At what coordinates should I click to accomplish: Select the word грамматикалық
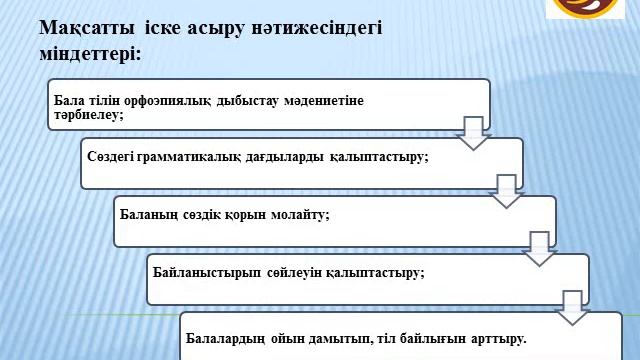(188, 157)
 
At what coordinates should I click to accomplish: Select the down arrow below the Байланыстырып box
(573, 307)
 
